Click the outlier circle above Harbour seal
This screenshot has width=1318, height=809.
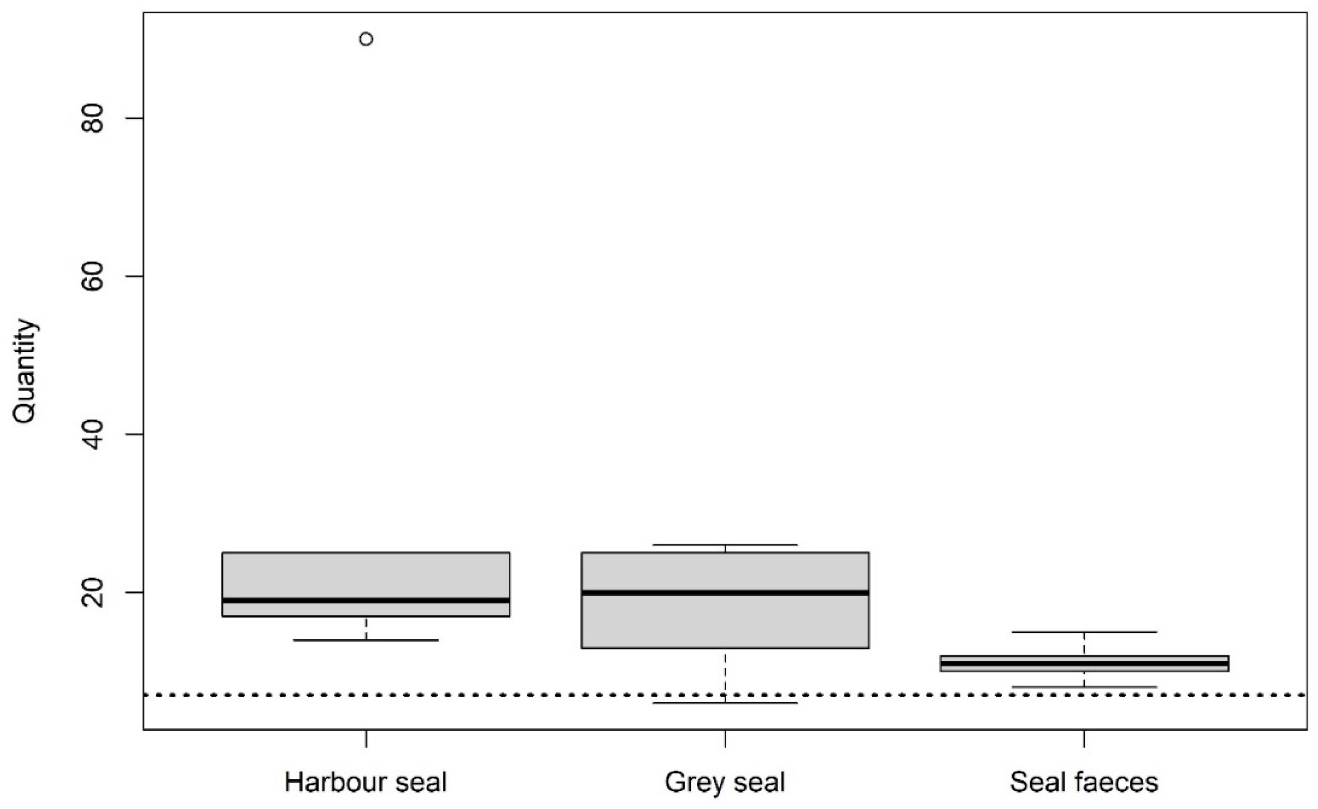(x=366, y=39)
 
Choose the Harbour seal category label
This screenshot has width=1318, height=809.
(x=366, y=782)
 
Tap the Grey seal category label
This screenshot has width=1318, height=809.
(x=725, y=782)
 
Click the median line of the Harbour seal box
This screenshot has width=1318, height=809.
(x=366, y=600)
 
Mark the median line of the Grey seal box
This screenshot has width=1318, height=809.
(x=725, y=592)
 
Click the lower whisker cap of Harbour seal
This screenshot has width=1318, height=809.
(x=366, y=640)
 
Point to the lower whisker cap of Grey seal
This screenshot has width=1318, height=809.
(x=725, y=703)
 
